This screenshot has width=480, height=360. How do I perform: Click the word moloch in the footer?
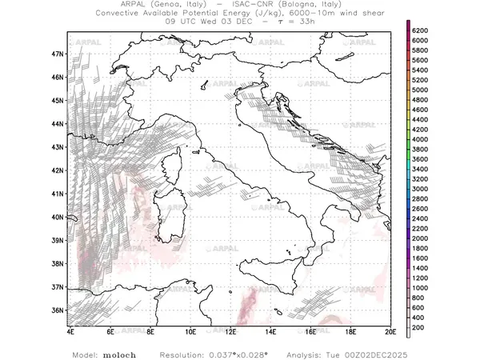[117, 354]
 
